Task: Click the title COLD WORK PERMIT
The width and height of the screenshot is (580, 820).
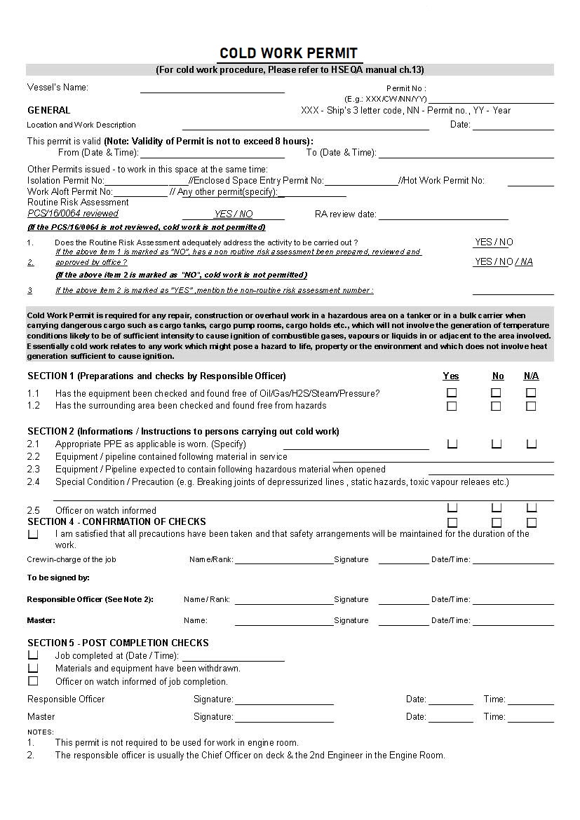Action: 288,53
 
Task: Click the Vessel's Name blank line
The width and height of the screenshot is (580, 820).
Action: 212,90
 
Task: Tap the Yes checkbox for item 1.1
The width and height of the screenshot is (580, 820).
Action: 452,393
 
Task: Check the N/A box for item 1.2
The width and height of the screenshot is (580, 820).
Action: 531,406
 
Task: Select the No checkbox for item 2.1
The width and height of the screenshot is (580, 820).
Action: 496,444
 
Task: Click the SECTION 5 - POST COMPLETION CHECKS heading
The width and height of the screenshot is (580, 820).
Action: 118,643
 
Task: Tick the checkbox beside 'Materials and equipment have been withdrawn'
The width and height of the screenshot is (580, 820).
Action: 33,668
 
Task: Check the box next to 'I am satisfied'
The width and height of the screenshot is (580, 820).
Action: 33,534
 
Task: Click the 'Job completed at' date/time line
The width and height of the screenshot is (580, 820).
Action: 233,657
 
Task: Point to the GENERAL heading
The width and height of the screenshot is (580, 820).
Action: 49,110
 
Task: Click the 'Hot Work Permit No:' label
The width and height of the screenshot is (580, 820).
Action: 443,181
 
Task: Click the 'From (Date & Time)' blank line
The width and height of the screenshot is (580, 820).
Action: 213,154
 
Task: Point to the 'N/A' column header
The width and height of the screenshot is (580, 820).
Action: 531,376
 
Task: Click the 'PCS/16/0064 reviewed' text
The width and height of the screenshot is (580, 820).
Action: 73,214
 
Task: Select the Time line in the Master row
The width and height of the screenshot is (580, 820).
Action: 530,718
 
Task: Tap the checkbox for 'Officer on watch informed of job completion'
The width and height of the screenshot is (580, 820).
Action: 33,681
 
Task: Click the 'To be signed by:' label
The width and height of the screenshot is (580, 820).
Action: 58,578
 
